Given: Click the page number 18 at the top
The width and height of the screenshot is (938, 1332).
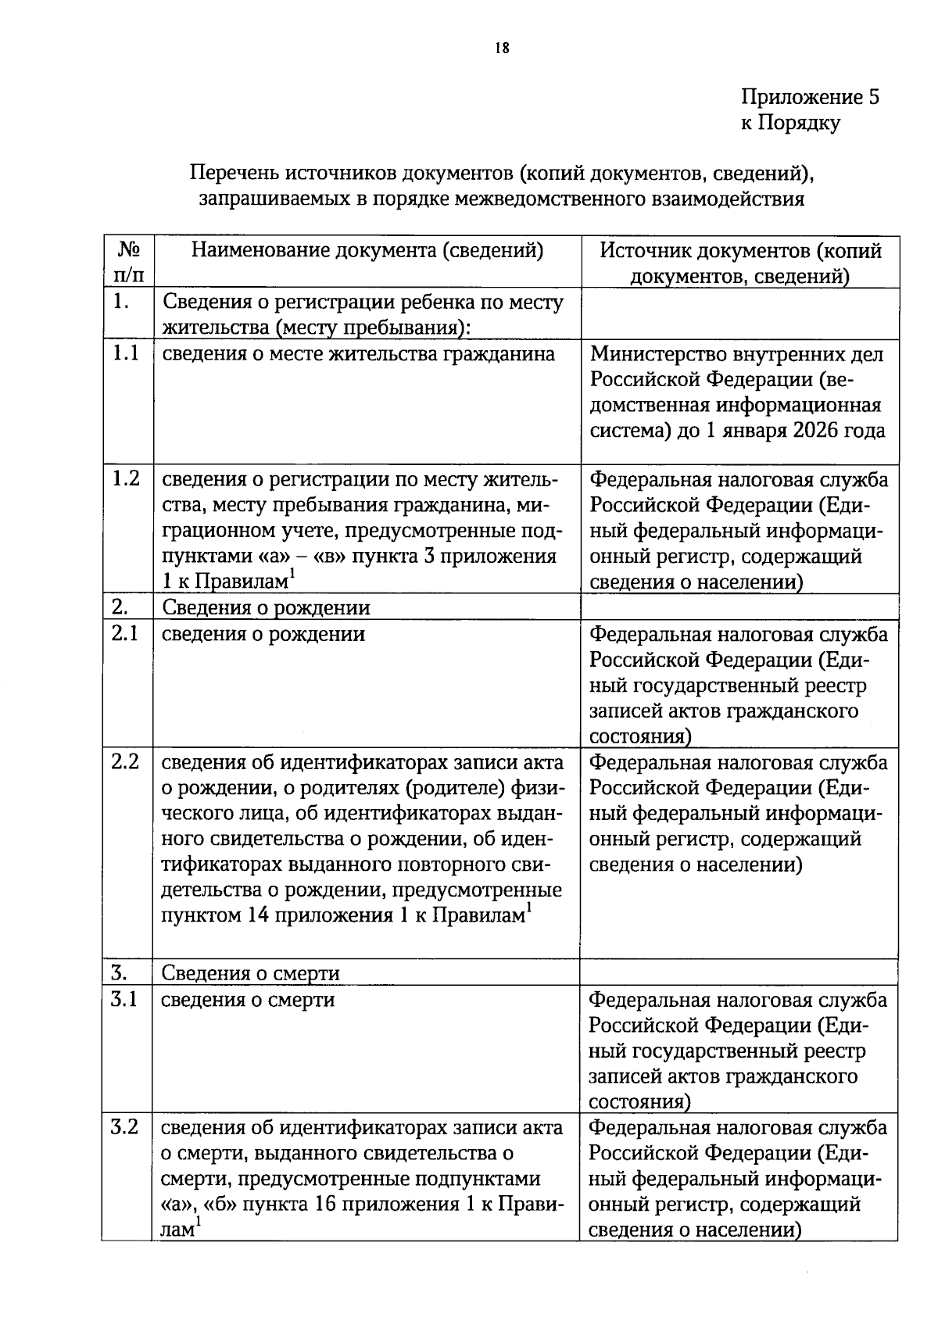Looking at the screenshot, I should pyautogui.click(x=502, y=48).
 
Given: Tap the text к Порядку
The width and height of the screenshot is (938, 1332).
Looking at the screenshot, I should pyautogui.click(x=790, y=123).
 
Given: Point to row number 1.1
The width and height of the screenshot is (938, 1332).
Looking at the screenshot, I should pyautogui.click(x=125, y=354).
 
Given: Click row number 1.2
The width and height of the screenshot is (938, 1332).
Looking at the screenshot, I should pyautogui.click(x=125, y=479).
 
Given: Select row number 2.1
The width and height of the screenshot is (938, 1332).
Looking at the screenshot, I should pyautogui.click(x=125, y=634).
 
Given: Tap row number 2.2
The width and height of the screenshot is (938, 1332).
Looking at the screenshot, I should pyautogui.click(x=125, y=762).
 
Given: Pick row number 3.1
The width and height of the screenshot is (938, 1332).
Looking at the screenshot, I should pyautogui.click(x=125, y=1000).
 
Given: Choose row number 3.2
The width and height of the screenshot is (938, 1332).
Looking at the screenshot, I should pyautogui.click(x=125, y=1128).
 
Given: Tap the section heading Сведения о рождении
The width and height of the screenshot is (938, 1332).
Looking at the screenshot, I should pyautogui.click(x=266, y=608).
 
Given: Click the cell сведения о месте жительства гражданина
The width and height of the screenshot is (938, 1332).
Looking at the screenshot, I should pyautogui.click(x=358, y=355).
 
